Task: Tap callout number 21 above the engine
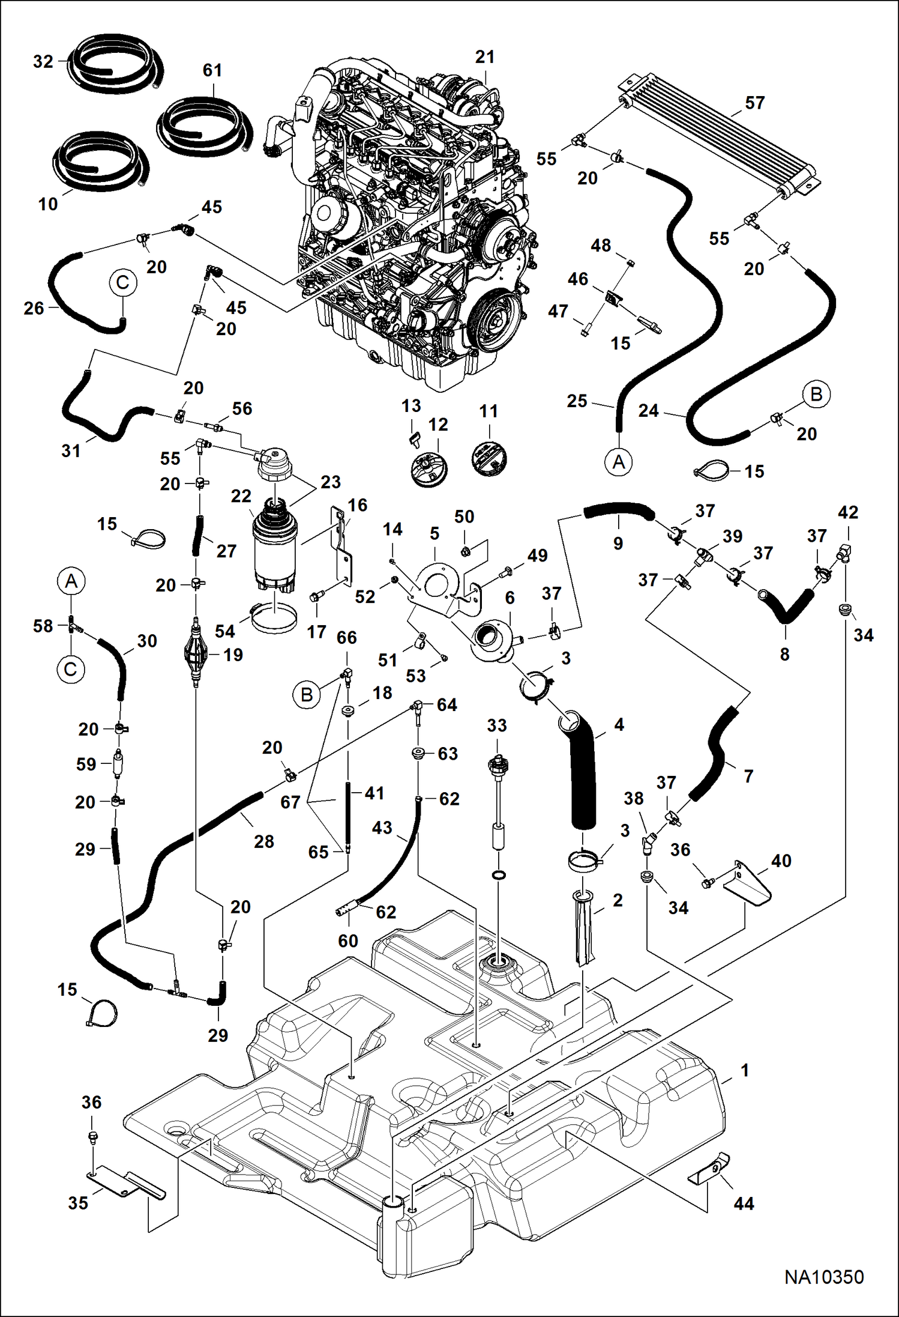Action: coord(484,57)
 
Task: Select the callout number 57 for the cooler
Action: coord(754,103)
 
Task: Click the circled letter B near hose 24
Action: coord(816,395)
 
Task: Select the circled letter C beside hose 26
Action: coord(123,282)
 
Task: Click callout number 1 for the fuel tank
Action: coord(745,1071)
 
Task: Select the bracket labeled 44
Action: coord(712,1169)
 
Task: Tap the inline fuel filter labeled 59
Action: coord(117,764)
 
